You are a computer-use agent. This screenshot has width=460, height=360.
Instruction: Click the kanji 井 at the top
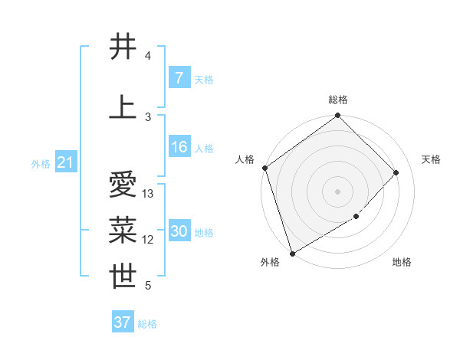click(123, 47)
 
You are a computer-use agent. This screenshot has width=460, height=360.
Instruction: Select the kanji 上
click(123, 107)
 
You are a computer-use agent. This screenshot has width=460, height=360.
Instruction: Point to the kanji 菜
click(123, 231)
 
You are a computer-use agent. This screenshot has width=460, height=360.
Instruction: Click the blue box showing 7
click(179, 78)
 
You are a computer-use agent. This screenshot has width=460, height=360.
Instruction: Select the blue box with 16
click(179, 147)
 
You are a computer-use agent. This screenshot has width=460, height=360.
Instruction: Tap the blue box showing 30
click(179, 232)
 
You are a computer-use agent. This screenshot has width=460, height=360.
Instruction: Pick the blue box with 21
click(66, 162)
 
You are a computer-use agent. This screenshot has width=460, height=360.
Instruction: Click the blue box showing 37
click(123, 322)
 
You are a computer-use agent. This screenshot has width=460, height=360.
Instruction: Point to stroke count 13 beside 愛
click(148, 194)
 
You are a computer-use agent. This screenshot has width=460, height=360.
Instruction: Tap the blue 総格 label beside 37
click(147, 324)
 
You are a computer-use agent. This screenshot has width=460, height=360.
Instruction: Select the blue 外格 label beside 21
click(41, 163)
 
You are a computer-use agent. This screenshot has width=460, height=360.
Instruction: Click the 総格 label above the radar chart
click(337, 100)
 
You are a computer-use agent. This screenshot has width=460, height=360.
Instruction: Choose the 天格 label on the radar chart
click(431, 159)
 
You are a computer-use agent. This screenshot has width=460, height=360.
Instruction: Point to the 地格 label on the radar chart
click(402, 262)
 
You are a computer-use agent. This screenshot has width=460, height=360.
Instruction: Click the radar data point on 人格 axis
click(264, 168)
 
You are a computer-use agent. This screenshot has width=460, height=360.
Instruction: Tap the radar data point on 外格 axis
click(292, 253)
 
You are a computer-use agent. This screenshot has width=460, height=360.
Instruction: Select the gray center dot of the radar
click(337, 191)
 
